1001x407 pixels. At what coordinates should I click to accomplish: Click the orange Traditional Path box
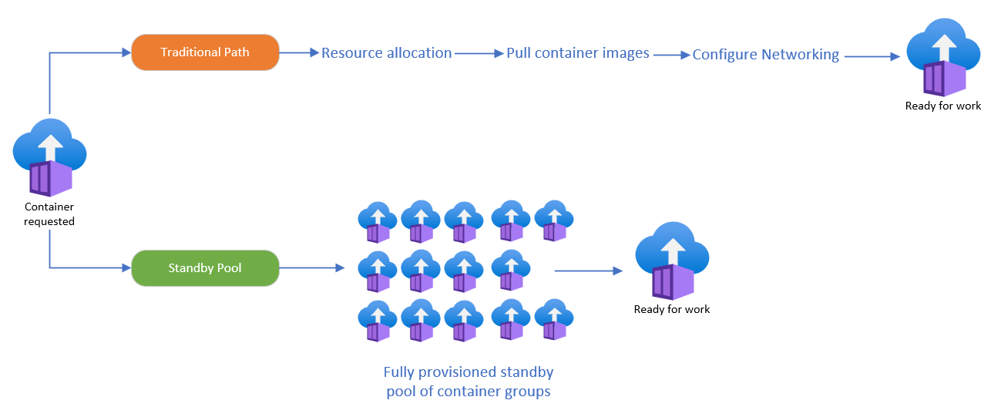[204, 52]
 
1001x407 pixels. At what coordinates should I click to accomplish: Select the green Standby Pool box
[204, 268]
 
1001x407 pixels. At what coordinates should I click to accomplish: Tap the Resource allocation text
[386, 53]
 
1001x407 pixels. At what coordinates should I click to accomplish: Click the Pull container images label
[577, 54]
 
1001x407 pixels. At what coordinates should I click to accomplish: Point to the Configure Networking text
[765, 55]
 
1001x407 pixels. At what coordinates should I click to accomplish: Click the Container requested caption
[49, 214]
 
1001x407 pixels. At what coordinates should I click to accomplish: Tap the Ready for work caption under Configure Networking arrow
[942, 106]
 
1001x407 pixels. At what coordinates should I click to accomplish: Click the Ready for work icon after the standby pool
[671, 261]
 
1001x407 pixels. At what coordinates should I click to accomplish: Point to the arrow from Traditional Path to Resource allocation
[299, 53]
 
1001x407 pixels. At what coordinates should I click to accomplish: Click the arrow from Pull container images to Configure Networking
[670, 55]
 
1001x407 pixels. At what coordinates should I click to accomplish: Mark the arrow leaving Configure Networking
[872, 56]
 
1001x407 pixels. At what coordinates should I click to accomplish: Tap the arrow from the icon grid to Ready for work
[588, 271]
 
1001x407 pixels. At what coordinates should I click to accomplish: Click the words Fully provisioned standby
[468, 372]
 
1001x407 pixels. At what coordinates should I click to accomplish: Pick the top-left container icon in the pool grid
[378, 223]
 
